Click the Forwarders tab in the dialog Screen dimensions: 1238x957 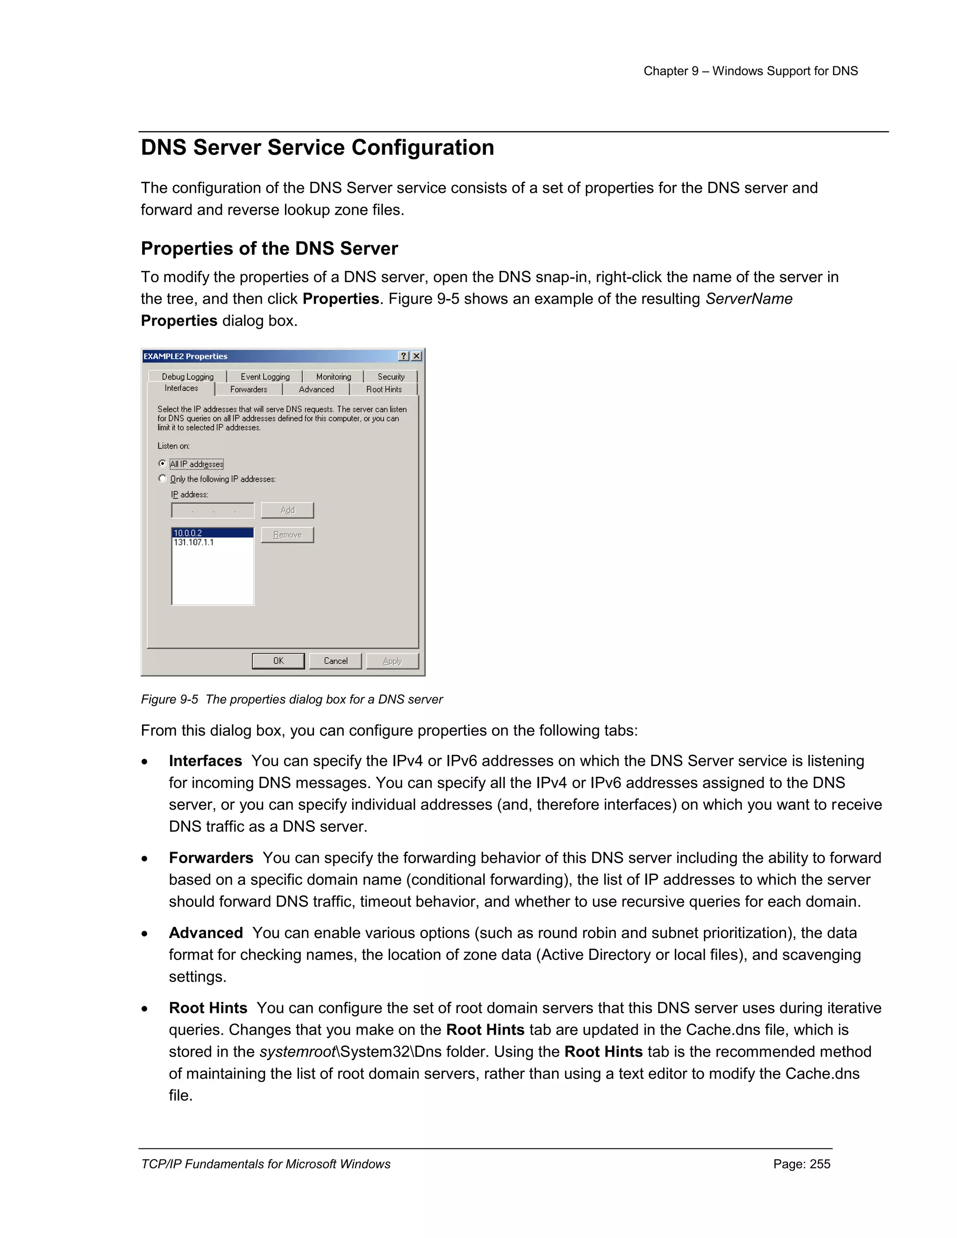pyautogui.click(x=248, y=390)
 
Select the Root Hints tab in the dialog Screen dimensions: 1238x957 pyautogui.click(x=384, y=390)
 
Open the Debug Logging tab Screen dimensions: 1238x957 pyautogui.click(x=188, y=377)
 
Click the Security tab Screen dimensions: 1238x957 pyautogui.click(x=391, y=377)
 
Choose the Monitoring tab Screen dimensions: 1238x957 pyautogui.click(x=333, y=377)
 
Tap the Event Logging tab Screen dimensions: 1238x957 pyautogui.click(x=265, y=377)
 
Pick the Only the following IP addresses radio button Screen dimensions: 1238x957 pyautogui.click(x=163, y=478)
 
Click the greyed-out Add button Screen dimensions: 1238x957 pyautogui.click(x=287, y=510)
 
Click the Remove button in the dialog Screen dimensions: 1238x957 pyautogui.click(x=287, y=534)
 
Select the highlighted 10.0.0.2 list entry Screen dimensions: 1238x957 pyautogui.click(x=212, y=533)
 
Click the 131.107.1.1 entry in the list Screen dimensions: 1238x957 pyautogui.click(x=194, y=542)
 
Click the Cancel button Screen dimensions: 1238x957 pyautogui.click(x=335, y=661)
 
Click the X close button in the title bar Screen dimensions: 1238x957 pyautogui.click(x=417, y=356)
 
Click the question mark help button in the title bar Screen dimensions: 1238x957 pyautogui.click(x=404, y=356)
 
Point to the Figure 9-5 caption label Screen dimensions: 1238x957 pyautogui.click(x=170, y=699)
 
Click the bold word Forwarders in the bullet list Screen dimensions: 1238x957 pyautogui.click(x=211, y=858)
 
